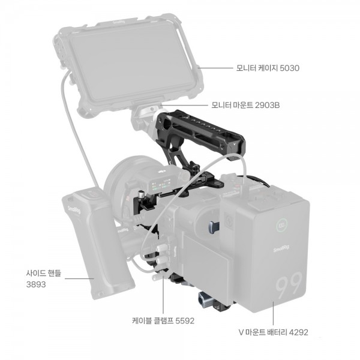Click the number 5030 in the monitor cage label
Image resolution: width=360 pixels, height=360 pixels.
tap(290, 68)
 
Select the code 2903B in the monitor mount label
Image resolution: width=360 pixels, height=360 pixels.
tap(267, 106)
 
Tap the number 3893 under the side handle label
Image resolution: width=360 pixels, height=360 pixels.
tap(36, 284)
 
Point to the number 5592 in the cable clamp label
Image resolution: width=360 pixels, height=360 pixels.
tap(185, 321)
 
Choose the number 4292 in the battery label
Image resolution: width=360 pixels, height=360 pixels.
tap(298, 332)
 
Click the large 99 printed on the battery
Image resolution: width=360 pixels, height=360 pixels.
tap(289, 284)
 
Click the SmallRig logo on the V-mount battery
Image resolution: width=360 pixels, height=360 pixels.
tap(281, 248)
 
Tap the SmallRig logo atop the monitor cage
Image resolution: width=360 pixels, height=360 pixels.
tap(119, 22)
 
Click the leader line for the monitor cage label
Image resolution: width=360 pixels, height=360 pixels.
tap(215, 68)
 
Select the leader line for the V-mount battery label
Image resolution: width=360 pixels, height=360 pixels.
tap(273, 313)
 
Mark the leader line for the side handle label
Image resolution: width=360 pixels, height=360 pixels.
tap(79, 279)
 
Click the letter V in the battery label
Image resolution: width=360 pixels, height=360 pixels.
tap(241, 332)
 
